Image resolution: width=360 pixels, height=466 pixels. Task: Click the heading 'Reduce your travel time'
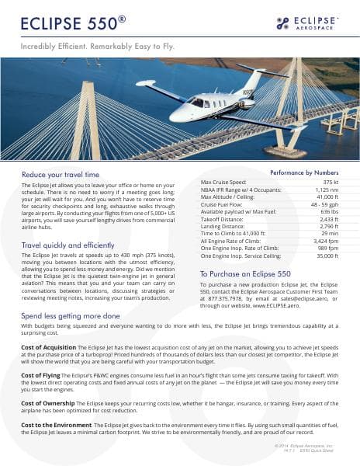(x=61, y=174)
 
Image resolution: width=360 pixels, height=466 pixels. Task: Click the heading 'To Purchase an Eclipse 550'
(x=245, y=274)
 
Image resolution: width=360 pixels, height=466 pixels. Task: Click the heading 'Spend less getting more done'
(x=71, y=316)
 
